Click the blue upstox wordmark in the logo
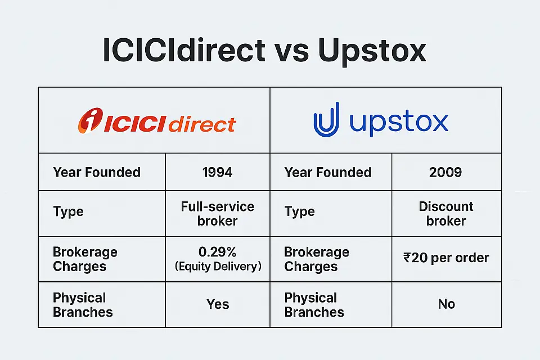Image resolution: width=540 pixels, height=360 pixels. [x=399, y=121]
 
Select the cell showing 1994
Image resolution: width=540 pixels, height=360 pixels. [x=217, y=172]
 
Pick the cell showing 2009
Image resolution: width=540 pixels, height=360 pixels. [x=446, y=172]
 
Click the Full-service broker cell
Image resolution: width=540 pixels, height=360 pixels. [x=217, y=213]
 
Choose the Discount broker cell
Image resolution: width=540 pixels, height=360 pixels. [x=446, y=213]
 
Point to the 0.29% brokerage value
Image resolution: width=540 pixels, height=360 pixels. [x=217, y=252]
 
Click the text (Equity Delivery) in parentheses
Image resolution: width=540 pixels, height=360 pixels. [x=217, y=267]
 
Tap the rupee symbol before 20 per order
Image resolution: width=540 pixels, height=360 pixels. [x=408, y=258]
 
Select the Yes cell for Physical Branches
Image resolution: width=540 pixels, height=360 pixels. [x=217, y=304]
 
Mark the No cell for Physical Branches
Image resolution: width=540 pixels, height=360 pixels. [x=446, y=304]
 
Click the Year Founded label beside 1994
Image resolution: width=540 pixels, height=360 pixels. [x=97, y=172]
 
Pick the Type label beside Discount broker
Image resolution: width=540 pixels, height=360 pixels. [x=300, y=212]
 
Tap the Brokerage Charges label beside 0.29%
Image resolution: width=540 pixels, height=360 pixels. [x=85, y=259]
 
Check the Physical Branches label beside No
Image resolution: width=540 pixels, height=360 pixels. [x=314, y=304]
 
